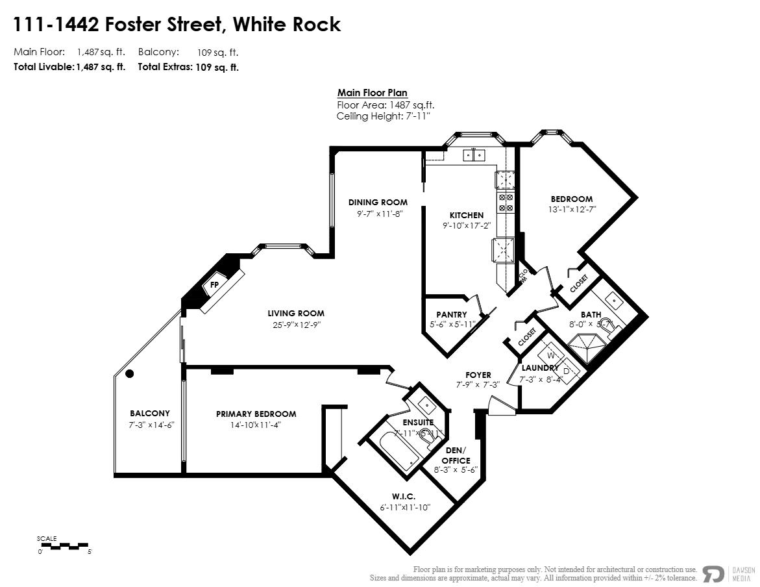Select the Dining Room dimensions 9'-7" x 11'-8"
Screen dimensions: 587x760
377,213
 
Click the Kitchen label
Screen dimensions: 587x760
467,215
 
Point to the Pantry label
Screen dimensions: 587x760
452,314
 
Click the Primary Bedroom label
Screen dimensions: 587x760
256,414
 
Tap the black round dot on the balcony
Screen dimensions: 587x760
130,373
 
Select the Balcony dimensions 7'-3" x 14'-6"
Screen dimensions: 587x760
150,425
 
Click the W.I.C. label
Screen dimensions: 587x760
404,496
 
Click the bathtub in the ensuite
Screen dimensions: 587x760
393,451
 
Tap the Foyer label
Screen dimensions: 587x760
478,375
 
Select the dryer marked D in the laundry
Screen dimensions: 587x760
566,371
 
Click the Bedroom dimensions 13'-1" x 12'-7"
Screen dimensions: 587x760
572,210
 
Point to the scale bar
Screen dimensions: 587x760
64,546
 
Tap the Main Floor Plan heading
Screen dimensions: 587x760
372,93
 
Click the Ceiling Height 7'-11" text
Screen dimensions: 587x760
383,116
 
